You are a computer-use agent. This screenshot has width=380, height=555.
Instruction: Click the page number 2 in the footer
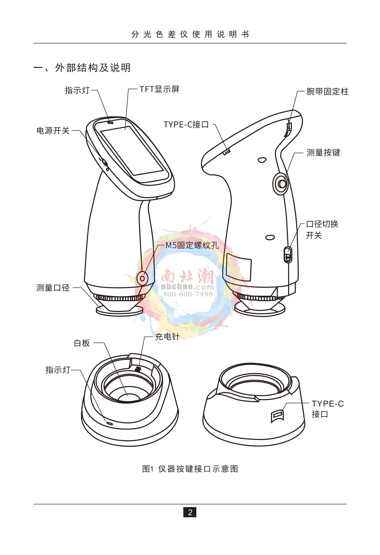point(190,512)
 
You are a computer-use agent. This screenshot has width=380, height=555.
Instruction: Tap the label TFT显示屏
point(160,89)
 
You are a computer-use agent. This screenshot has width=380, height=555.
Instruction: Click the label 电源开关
point(53,131)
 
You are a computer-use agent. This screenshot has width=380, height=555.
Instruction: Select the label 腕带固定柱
point(327,92)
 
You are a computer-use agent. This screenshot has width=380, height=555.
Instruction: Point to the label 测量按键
point(323,152)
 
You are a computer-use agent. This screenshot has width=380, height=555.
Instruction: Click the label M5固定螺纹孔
point(192,245)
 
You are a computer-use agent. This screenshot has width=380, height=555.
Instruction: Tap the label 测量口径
point(53,288)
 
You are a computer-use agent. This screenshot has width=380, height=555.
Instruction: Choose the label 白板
point(82,343)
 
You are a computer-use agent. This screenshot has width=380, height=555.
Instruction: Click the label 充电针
point(167,337)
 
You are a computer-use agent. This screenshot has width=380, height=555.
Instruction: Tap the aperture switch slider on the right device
point(287,255)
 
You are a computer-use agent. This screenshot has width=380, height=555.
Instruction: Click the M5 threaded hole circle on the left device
point(142,278)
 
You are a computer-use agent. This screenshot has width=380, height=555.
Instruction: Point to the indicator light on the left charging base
point(109,423)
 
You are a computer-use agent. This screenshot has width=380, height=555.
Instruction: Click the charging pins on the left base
point(138,369)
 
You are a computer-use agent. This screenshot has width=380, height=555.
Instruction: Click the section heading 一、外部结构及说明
point(82,68)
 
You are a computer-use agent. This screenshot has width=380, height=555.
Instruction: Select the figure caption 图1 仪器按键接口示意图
point(190,468)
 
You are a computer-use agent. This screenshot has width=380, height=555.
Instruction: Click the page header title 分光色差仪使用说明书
point(190,34)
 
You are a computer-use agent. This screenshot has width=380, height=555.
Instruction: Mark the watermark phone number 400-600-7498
point(187,294)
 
